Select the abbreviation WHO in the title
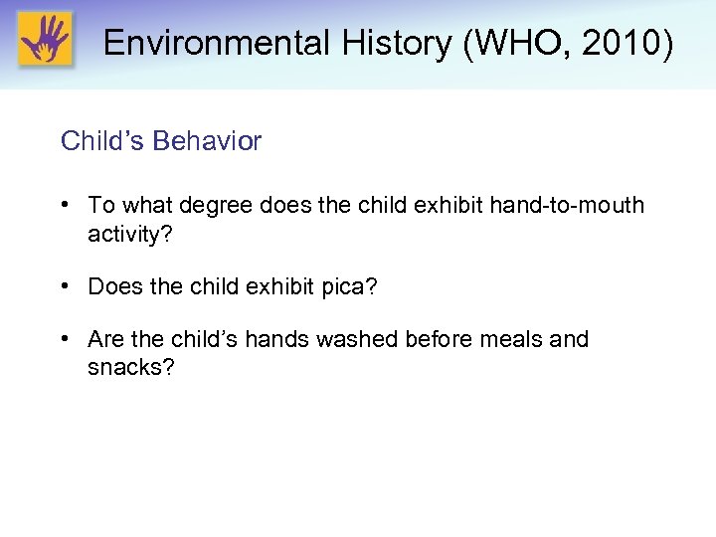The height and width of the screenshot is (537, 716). pos(497,43)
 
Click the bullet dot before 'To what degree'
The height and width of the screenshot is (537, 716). pos(65,205)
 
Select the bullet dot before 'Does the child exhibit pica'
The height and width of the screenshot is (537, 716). pos(65,286)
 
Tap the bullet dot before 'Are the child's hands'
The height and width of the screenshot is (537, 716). pos(65,339)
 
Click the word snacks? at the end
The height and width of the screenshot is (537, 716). pos(131,367)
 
